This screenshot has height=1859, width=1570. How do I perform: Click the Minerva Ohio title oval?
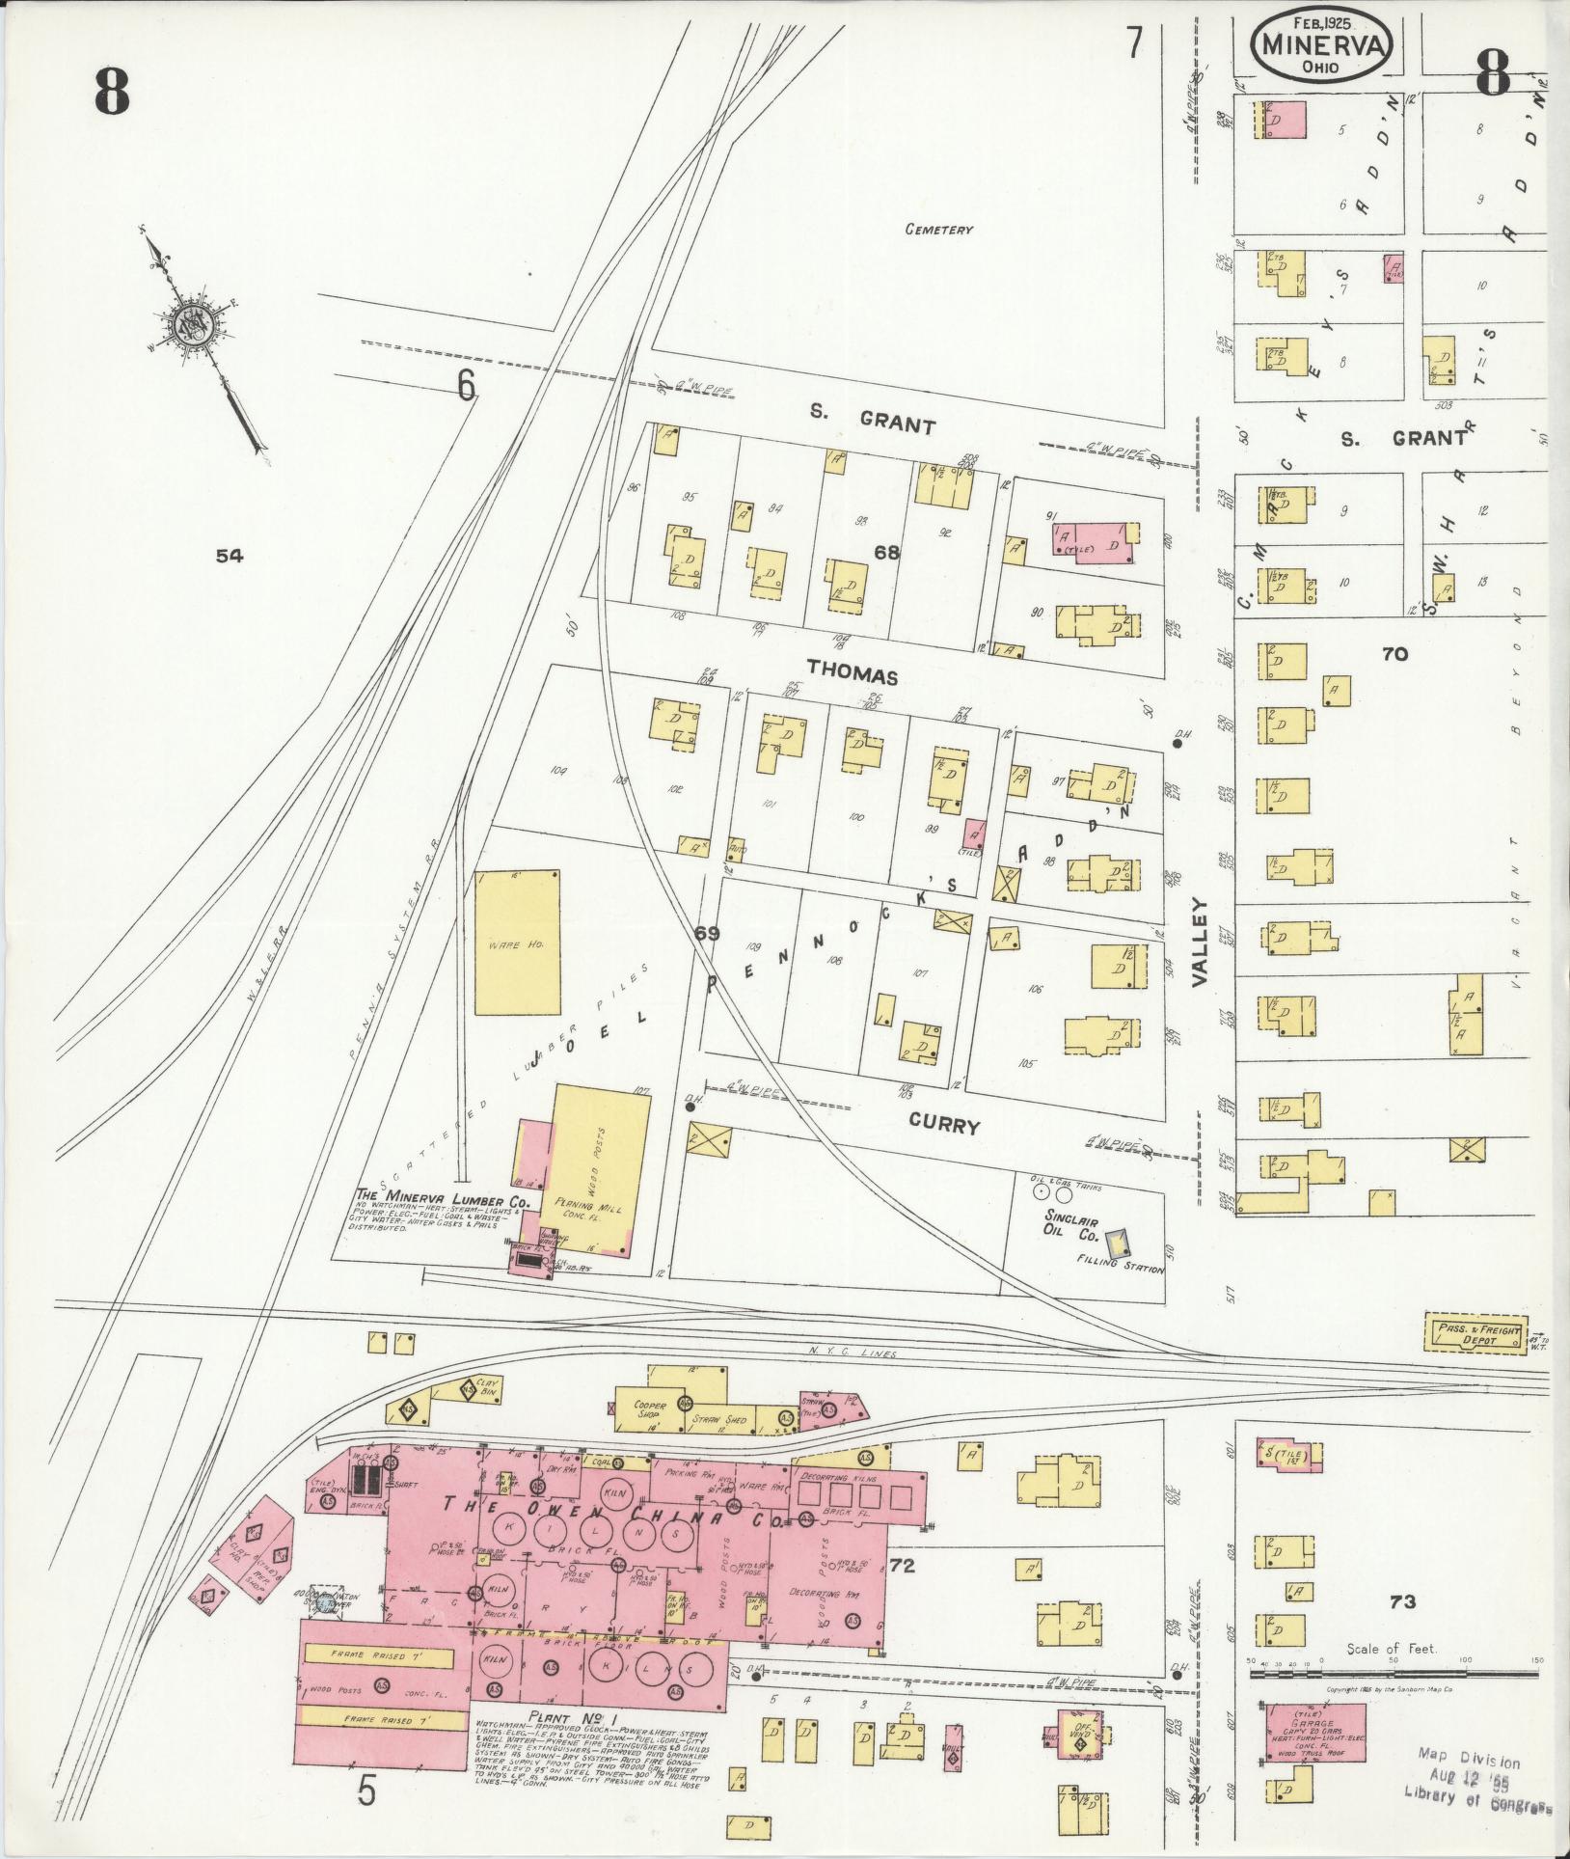click(1320, 47)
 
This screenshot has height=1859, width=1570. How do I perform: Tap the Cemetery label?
click(938, 231)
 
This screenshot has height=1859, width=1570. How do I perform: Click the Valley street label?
click(1200, 941)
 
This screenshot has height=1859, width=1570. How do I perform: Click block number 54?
click(230, 555)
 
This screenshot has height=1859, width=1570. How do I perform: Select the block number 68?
click(887, 552)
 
